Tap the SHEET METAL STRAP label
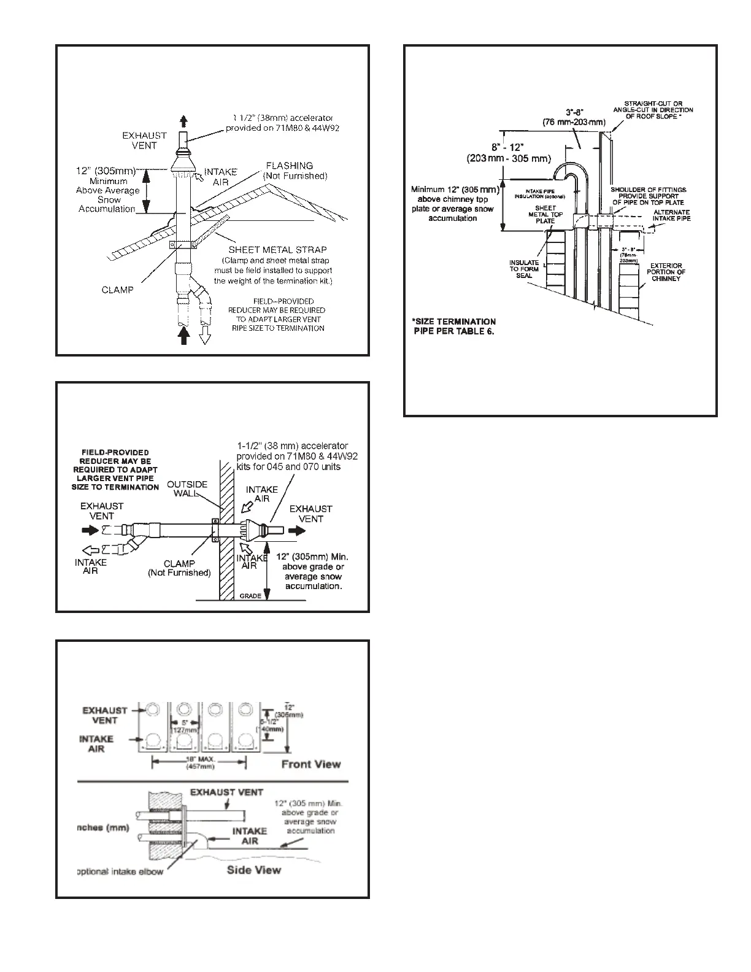coord(277,250)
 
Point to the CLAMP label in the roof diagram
coord(117,290)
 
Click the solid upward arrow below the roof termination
coord(183,336)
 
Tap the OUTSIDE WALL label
coord(187,488)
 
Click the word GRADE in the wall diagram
coord(250,596)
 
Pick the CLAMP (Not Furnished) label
coord(179,568)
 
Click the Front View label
coord(310,764)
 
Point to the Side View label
coord(254,870)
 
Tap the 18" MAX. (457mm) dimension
coord(199,763)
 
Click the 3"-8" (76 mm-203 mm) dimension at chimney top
coord(575,117)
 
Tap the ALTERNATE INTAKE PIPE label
coord(671,215)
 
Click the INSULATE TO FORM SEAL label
coord(524,269)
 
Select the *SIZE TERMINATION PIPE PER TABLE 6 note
coord(453,326)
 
